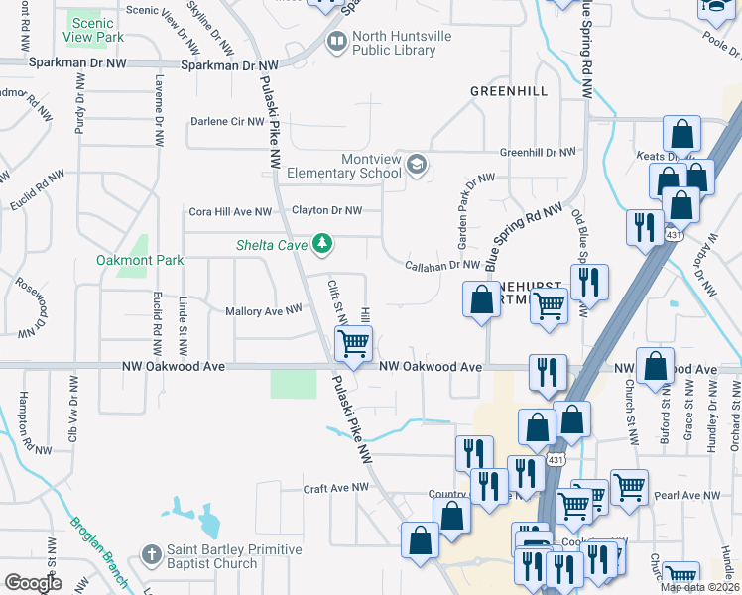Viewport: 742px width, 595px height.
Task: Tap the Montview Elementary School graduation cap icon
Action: tap(417, 165)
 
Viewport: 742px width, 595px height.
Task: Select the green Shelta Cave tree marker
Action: tap(321, 243)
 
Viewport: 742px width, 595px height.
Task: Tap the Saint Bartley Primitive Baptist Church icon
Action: tap(151, 556)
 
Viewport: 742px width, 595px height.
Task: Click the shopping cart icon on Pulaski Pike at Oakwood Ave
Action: tap(353, 345)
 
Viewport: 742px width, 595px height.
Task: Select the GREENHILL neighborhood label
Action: tap(508, 90)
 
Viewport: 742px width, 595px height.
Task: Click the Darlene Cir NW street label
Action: tap(227, 121)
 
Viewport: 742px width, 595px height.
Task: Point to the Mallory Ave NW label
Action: tap(263, 310)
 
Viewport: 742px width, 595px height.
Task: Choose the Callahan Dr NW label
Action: tap(442, 265)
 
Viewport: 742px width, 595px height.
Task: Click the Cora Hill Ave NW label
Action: tap(230, 211)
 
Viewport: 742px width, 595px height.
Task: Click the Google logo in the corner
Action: tap(35, 583)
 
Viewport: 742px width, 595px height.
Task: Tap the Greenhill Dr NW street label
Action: tap(537, 152)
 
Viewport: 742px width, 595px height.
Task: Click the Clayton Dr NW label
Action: tap(326, 210)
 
